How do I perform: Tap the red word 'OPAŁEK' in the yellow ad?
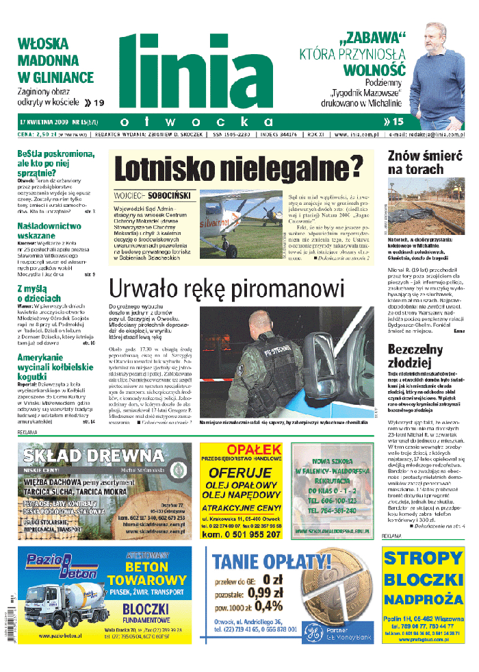coord(241,448)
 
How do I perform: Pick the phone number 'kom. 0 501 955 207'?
coord(241,535)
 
